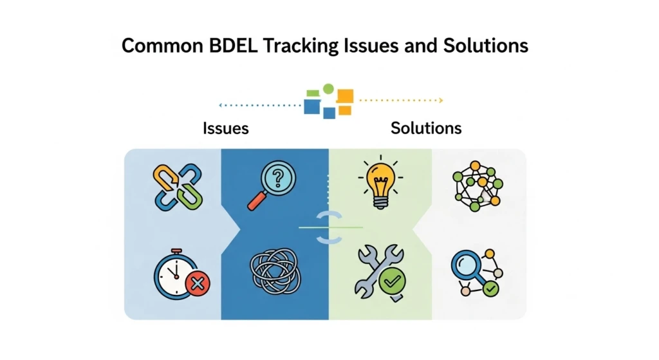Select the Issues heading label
225,128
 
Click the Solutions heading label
426,128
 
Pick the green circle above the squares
328,88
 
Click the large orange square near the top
345,97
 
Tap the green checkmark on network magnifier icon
491,290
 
